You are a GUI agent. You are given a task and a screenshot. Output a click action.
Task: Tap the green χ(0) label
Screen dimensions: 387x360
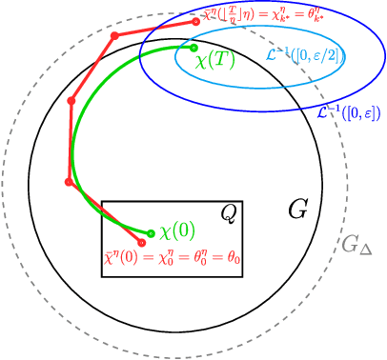tap(177, 231)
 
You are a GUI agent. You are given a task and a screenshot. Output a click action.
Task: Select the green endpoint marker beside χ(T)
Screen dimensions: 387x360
tap(193, 47)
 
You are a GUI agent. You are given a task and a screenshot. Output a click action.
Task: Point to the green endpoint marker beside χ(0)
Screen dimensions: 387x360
tap(151, 232)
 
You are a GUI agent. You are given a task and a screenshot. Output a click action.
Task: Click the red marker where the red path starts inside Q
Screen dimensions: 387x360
tap(141, 243)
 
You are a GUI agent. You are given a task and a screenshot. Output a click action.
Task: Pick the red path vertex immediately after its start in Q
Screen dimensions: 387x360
tap(67, 181)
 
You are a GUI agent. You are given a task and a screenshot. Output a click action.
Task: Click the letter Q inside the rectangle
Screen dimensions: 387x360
tap(228, 214)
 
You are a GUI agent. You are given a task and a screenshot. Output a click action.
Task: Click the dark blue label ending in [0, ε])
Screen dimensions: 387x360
tap(349, 112)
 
